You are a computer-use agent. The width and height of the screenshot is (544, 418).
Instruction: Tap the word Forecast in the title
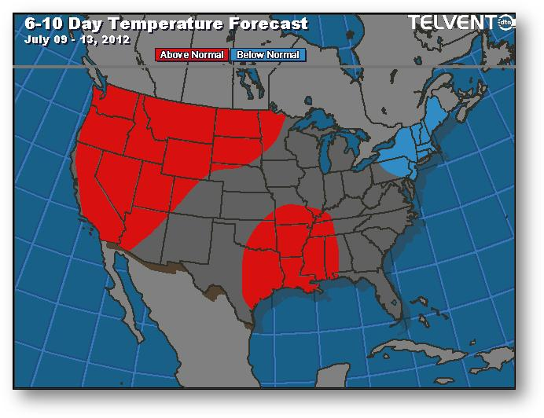[x=270, y=24]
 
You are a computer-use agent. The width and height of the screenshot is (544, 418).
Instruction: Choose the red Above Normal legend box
[x=192, y=55]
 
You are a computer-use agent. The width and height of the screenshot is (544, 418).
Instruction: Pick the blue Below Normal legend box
[x=268, y=55]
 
